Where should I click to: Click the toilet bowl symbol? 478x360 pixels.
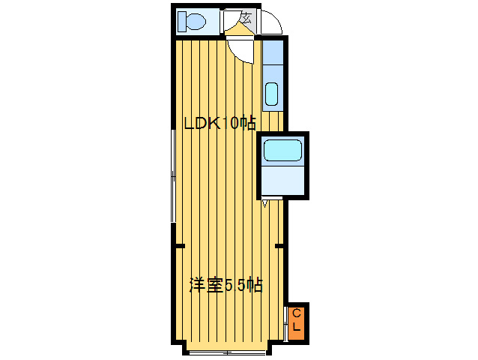(196, 21)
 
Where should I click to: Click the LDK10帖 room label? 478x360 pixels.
(220, 123)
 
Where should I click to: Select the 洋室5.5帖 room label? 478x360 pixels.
(226, 285)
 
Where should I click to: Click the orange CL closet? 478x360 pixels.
(296, 323)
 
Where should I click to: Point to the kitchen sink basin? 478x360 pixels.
(271, 94)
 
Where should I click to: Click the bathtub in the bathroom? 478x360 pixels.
(282, 151)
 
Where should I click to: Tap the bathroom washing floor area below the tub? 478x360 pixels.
(283, 180)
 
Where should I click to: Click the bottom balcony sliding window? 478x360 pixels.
(227, 352)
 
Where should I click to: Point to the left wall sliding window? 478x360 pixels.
(173, 176)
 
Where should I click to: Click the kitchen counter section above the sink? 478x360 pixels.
(273, 52)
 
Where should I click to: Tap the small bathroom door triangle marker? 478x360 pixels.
(264, 203)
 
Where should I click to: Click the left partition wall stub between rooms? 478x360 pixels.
(181, 246)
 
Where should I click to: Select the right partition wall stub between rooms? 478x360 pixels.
(279, 246)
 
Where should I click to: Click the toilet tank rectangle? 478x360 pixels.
(182, 21)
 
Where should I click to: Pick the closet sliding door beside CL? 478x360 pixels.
(285, 324)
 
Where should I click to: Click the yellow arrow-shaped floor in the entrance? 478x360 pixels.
(240, 30)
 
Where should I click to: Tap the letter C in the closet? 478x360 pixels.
(297, 313)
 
